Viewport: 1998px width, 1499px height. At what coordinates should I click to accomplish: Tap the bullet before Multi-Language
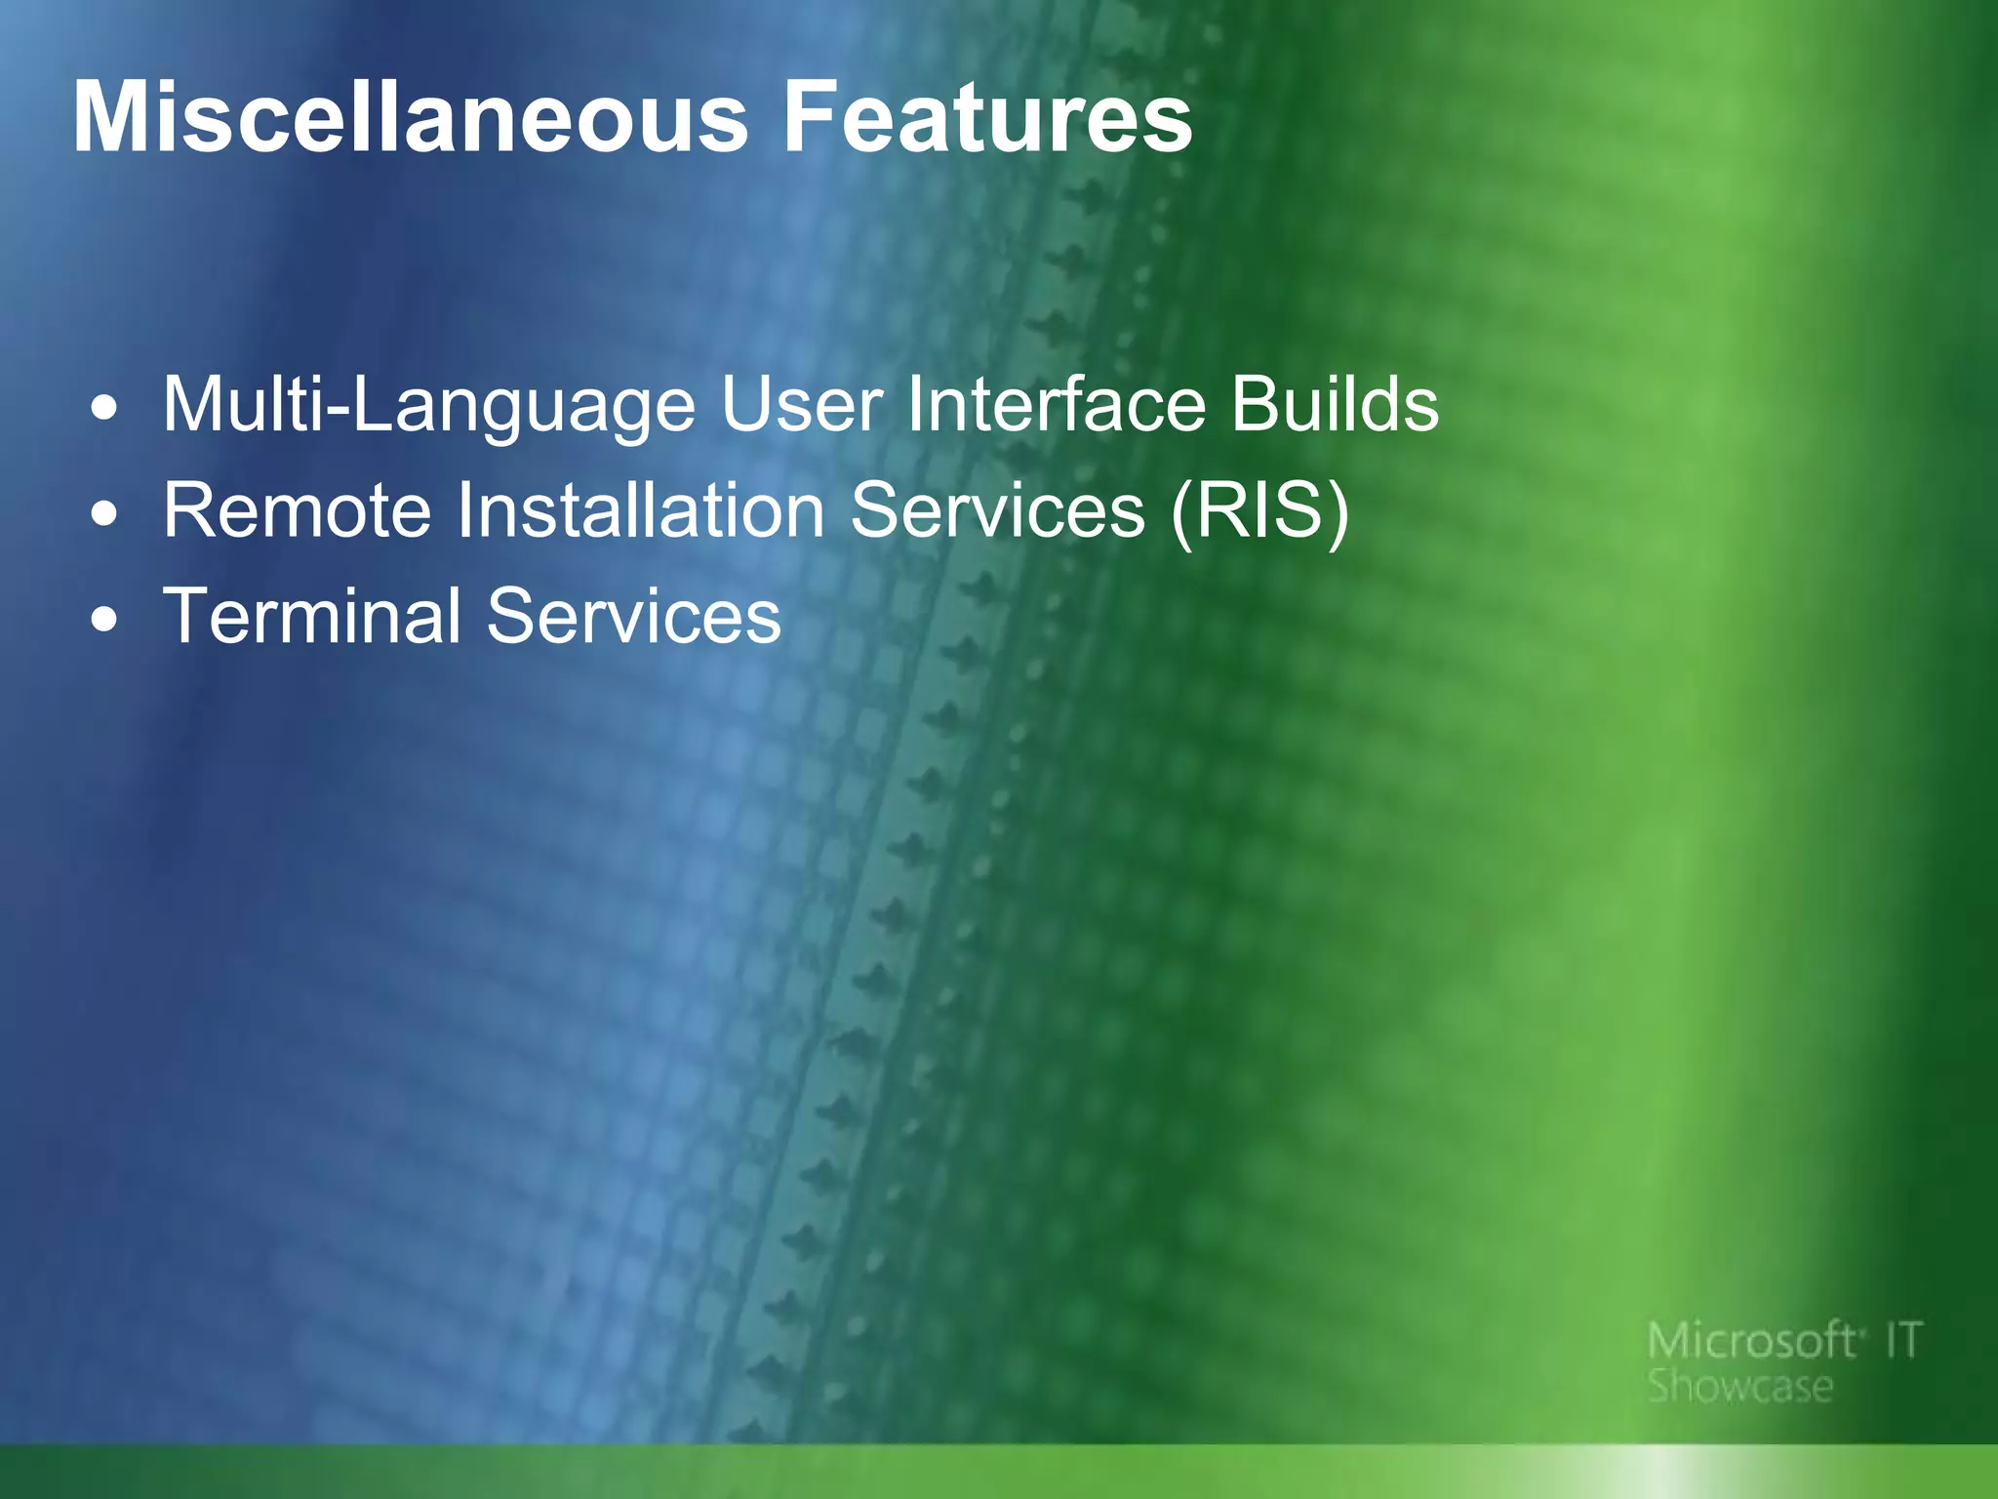pyautogui.click(x=104, y=408)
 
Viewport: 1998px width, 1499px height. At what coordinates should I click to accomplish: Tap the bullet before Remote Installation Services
pyautogui.click(x=104, y=514)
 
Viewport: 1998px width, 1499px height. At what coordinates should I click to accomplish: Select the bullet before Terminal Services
pyautogui.click(x=104, y=620)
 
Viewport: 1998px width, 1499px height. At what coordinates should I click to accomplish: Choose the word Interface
pyautogui.click(x=1057, y=405)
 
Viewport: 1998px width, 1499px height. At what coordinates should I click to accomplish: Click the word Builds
pyautogui.click(x=1334, y=405)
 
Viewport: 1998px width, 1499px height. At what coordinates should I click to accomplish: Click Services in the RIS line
pyautogui.click(x=997, y=510)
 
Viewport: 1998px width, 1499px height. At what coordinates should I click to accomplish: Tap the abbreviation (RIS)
pyautogui.click(x=1259, y=512)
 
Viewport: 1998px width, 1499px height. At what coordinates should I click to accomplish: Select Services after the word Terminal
pyautogui.click(x=634, y=617)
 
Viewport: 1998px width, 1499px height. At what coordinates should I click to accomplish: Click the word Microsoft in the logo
pyautogui.click(x=1751, y=1341)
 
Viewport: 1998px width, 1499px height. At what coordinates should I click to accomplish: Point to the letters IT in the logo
pyautogui.click(x=1902, y=1341)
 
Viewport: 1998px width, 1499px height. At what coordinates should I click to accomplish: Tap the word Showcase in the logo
pyautogui.click(x=1740, y=1387)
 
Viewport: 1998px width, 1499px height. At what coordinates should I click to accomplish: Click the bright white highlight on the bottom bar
pyautogui.click(x=1668, y=1472)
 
